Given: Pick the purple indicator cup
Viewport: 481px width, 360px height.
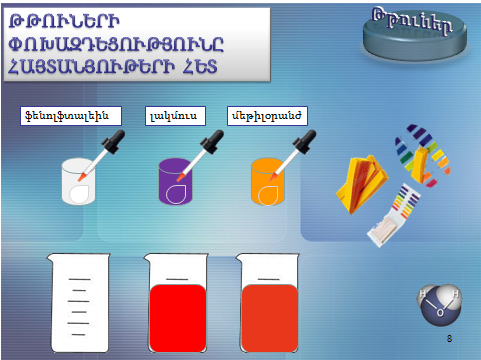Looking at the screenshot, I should click(178, 181).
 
